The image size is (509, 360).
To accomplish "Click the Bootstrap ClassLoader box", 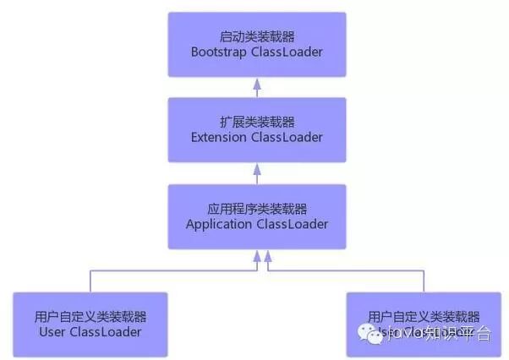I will (x=257, y=44).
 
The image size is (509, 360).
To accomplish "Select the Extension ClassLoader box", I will (x=257, y=129).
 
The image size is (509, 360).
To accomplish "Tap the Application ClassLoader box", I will (x=257, y=216).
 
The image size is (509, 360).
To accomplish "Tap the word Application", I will (x=218, y=224).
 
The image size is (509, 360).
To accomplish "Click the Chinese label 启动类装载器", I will (x=257, y=36).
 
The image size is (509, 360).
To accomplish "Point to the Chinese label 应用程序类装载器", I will (x=257, y=209).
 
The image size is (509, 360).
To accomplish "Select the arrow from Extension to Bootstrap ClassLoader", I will (x=257, y=88).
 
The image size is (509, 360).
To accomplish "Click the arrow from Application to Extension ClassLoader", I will (x=257, y=174).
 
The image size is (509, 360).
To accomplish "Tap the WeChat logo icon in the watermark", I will (x=369, y=333).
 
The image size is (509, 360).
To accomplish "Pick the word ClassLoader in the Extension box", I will (x=287, y=138).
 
